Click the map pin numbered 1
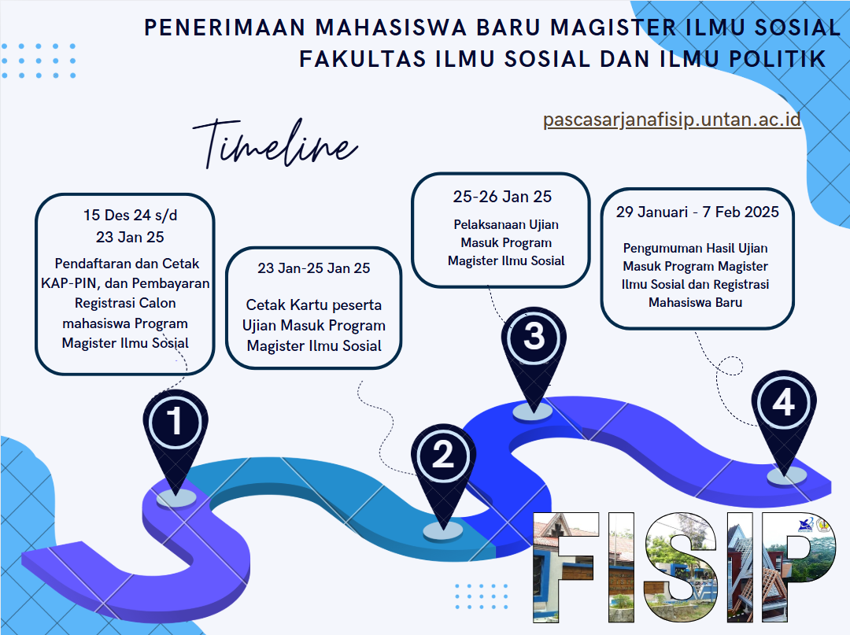(x=175, y=434)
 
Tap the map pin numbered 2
(x=443, y=466)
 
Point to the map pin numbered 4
(x=783, y=415)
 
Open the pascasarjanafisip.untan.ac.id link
(x=671, y=119)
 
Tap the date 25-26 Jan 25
(x=502, y=197)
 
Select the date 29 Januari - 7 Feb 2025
(x=697, y=212)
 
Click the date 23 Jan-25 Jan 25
(x=313, y=268)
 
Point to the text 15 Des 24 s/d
(x=130, y=215)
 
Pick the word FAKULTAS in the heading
(x=363, y=59)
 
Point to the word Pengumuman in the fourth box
(x=658, y=249)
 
